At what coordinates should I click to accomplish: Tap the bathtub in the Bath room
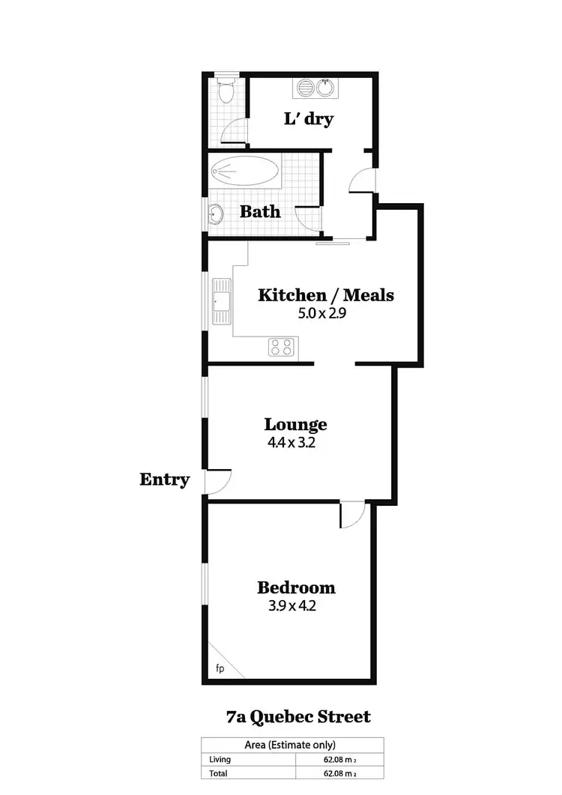click(x=244, y=172)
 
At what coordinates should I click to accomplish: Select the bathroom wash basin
click(x=216, y=214)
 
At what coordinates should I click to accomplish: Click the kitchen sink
click(x=223, y=302)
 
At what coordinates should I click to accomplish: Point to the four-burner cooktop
click(x=282, y=346)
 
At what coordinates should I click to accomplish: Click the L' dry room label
click(x=308, y=118)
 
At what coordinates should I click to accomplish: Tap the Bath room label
click(x=260, y=211)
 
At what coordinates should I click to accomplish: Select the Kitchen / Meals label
click(x=325, y=294)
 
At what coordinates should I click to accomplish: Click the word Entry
click(x=164, y=480)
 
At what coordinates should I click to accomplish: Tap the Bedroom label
click(x=296, y=587)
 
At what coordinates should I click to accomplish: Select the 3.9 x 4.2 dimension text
click(x=292, y=606)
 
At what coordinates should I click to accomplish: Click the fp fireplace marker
click(x=220, y=668)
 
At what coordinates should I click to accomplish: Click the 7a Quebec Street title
click(x=298, y=717)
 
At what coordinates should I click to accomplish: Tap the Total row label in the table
click(x=220, y=773)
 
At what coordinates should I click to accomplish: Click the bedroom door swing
click(x=354, y=514)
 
